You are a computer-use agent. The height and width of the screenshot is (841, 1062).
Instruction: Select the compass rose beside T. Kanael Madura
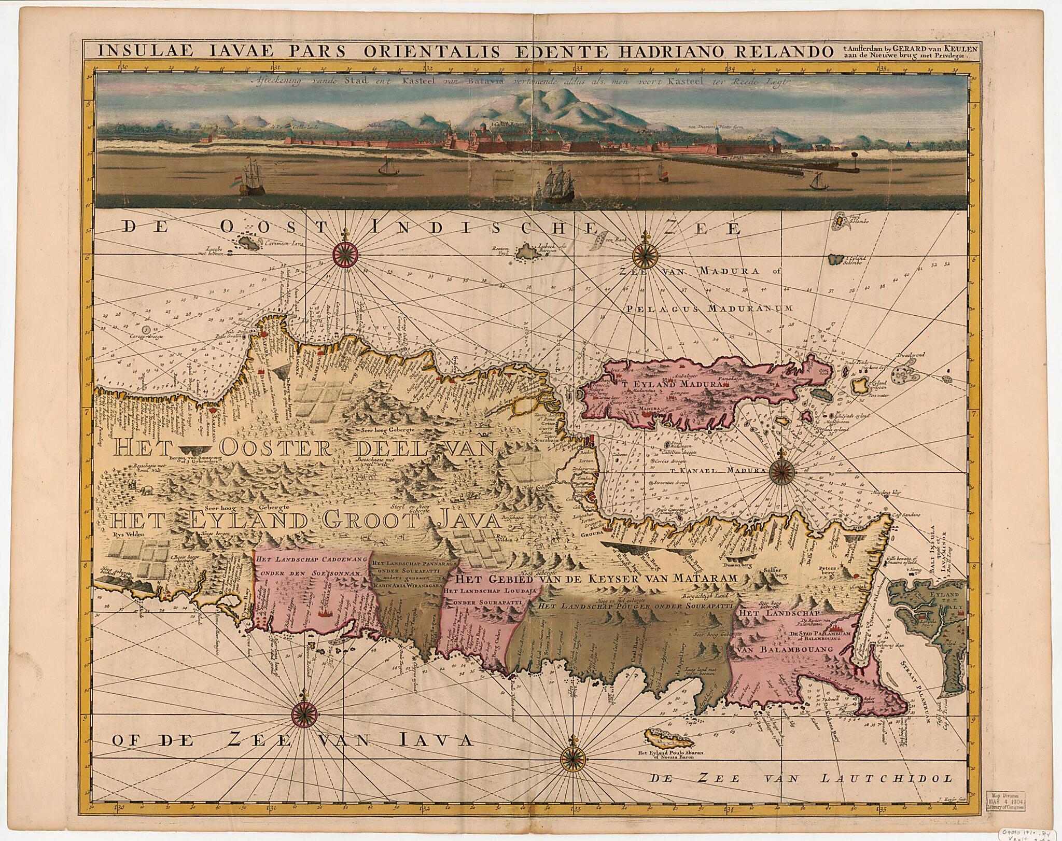(781, 470)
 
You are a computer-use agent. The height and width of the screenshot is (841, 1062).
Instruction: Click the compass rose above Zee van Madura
(645, 254)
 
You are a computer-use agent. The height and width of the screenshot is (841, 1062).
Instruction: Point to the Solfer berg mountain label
(773, 572)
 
